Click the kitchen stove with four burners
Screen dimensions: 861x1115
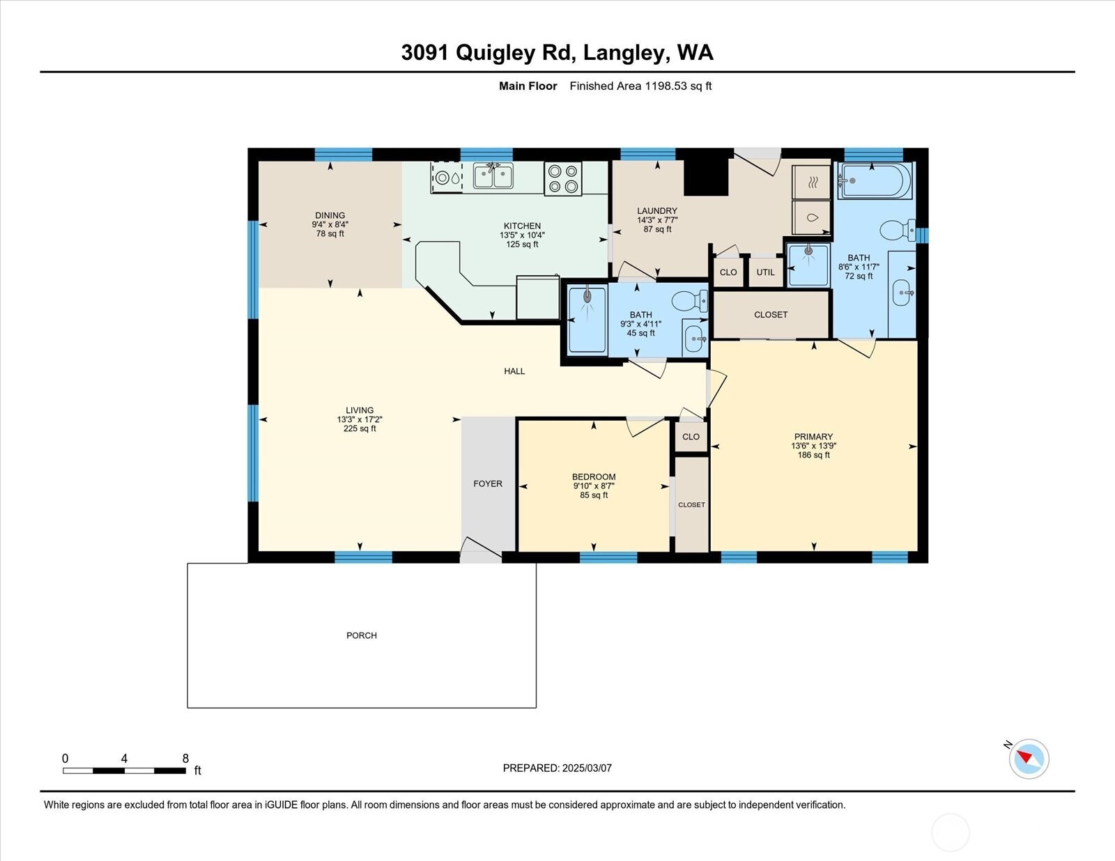(562, 178)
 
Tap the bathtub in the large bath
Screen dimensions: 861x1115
(876, 180)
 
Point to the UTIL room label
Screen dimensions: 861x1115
(765, 272)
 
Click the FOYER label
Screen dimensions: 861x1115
(488, 483)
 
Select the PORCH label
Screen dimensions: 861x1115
(362, 635)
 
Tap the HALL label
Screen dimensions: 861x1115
(514, 371)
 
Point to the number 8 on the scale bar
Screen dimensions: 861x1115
(185, 759)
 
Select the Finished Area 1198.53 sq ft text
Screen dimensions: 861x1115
(640, 86)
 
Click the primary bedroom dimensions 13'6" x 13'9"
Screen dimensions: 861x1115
(813, 446)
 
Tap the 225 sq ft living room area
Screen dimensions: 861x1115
(360, 428)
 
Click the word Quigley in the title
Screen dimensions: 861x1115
(495, 53)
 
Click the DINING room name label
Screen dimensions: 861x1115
(330, 215)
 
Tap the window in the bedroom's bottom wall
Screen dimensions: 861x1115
(608, 557)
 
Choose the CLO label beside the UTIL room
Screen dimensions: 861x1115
(728, 272)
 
